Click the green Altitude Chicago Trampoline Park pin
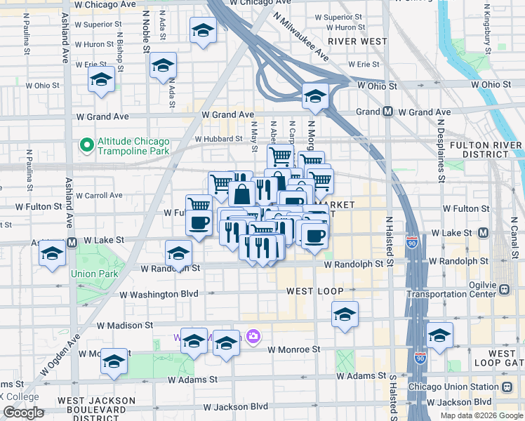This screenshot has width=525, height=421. click(x=87, y=146)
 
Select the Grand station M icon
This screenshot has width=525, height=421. click(x=387, y=112)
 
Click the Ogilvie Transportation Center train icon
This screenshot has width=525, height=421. click(x=503, y=289)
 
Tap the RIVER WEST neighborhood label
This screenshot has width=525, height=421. click(x=357, y=41)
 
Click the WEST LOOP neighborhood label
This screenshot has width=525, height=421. click(x=314, y=290)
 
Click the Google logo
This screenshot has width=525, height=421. click(x=23, y=413)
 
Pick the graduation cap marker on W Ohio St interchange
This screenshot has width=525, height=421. click(x=315, y=95)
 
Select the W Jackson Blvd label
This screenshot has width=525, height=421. click(x=236, y=407)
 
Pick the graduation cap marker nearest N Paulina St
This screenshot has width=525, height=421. click(x=102, y=79)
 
